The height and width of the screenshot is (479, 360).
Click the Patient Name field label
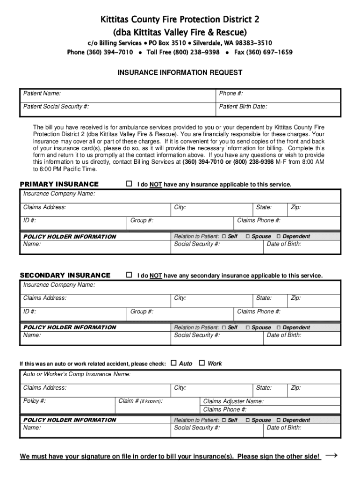pyautogui.click(x=42, y=94)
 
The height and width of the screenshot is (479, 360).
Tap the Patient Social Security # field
pyautogui.click(x=117, y=109)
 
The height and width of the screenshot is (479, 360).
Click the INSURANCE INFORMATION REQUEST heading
pyautogui.click(x=180, y=73)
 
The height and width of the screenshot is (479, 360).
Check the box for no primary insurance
pyautogui.click(x=129, y=184)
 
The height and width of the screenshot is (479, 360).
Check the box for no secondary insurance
pyautogui.click(x=129, y=275)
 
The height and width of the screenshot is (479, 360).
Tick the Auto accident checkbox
pyautogui.click(x=173, y=363)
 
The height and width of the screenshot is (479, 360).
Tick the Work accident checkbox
pyautogui.click(x=202, y=363)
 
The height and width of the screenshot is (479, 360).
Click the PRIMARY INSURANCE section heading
pyautogui.click(x=59, y=184)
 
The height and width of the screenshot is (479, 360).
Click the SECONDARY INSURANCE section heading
pyautogui.click(x=65, y=276)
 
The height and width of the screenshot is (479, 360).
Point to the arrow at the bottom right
pyautogui.click(x=331, y=455)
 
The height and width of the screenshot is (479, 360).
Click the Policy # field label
pyautogui.click(x=35, y=401)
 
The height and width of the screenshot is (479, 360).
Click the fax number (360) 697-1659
pyautogui.click(x=263, y=52)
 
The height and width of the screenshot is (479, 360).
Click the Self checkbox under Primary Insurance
pyautogui.click(x=224, y=236)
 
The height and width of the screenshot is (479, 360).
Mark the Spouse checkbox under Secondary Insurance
pyautogui.click(x=248, y=327)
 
